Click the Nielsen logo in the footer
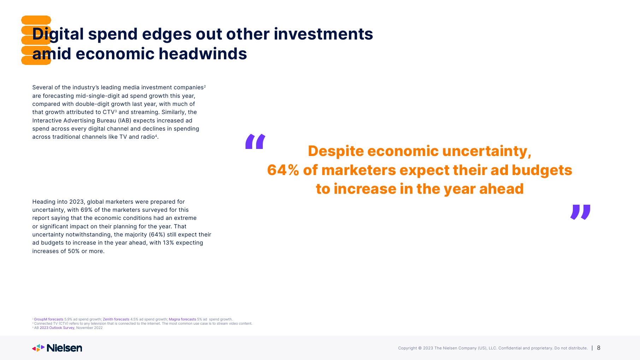click(x=57, y=348)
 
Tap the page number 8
click(x=599, y=348)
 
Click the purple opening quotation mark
click(x=255, y=142)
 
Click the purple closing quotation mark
click(x=580, y=212)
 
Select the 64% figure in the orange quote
click(x=283, y=170)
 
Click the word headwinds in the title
click(x=203, y=54)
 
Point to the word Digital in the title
click(x=58, y=34)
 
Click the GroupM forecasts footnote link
click(x=49, y=319)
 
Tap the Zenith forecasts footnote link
click(x=116, y=319)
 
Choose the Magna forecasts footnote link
click(x=182, y=319)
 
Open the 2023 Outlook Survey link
click(x=57, y=328)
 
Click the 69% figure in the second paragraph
click(x=87, y=210)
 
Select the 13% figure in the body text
click(x=169, y=243)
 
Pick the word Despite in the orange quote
click(x=336, y=151)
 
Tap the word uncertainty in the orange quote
click(x=487, y=151)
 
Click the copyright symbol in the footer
click(x=420, y=348)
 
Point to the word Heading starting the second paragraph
click(x=44, y=202)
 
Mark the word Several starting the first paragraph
click(x=42, y=88)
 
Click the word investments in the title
click(x=323, y=34)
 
